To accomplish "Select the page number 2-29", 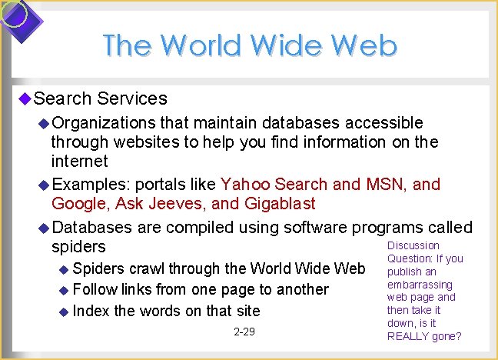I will pos(244,332).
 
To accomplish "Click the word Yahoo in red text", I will pos(245,184).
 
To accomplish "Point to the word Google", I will pos(78,203).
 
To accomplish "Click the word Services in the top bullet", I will pos(132,98).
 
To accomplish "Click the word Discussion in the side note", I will pos(413,245).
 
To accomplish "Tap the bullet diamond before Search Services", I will pos(24,98).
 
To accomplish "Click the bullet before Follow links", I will pos(64,290).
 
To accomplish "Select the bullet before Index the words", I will pos(64,312).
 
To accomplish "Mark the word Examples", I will pos(88,184).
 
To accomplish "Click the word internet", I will pos(80,162).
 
